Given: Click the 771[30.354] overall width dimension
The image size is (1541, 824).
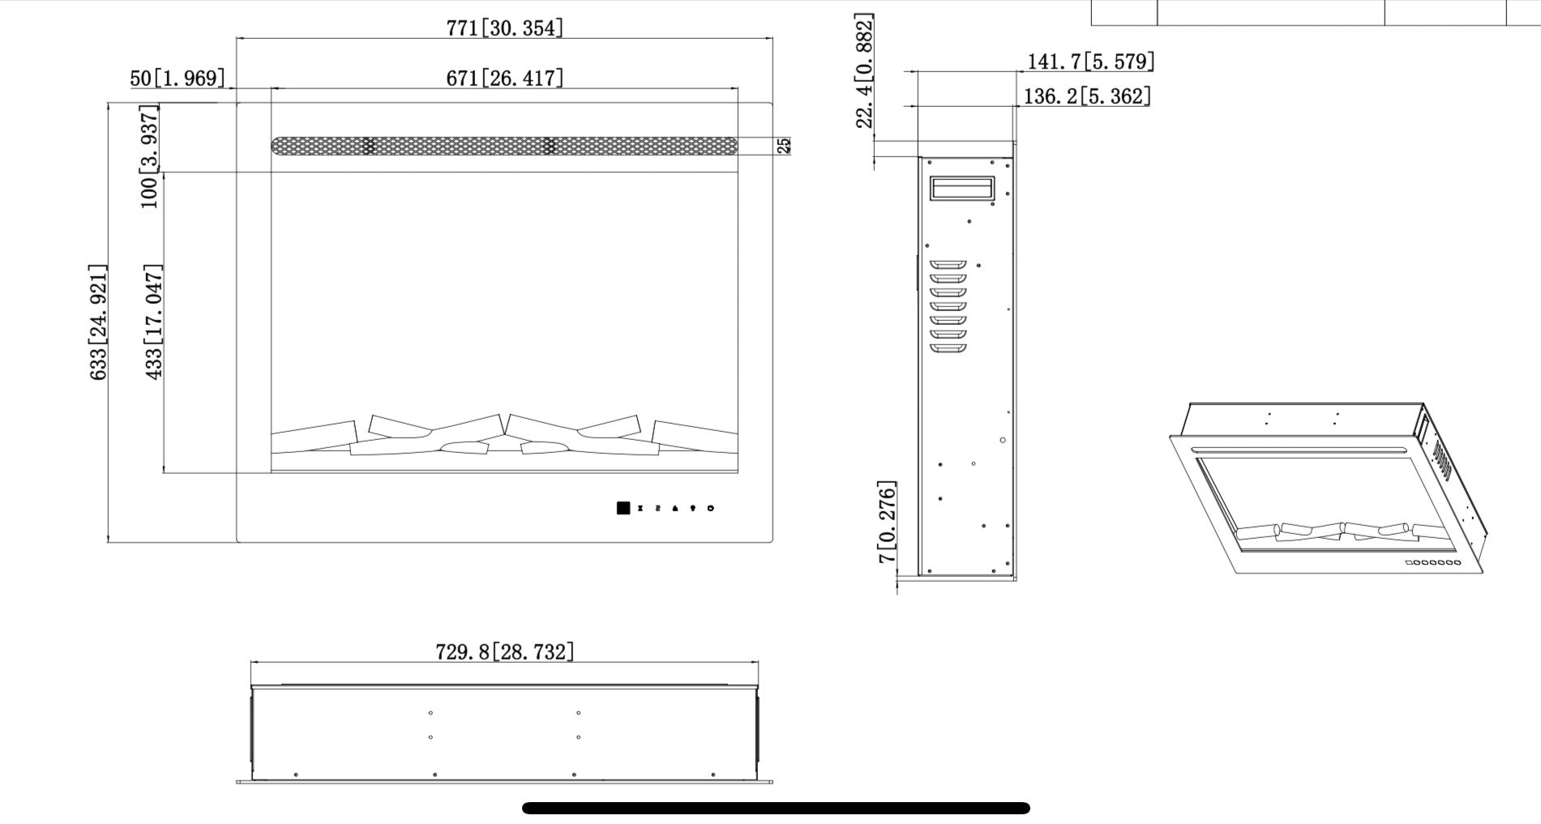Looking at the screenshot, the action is pyautogui.click(x=504, y=28).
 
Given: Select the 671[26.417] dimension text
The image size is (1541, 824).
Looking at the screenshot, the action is pyautogui.click(x=504, y=78).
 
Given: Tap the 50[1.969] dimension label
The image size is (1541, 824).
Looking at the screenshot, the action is pyautogui.click(x=177, y=78).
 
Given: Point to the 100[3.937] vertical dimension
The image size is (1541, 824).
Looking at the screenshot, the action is pyautogui.click(x=150, y=156).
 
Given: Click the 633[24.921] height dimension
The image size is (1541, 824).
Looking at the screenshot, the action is pyautogui.click(x=98, y=322).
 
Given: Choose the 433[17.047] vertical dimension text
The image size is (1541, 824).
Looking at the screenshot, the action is pyautogui.click(x=153, y=322).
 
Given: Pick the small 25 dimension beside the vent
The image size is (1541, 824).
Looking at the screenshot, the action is pyautogui.click(x=784, y=146).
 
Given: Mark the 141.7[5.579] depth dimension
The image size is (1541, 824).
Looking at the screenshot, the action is pyautogui.click(x=1091, y=62).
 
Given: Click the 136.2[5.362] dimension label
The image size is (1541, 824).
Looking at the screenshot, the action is pyautogui.click(x=1087, y=96).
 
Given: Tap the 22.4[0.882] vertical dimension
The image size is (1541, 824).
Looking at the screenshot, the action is pyautogui.click(x=865, y=70).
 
